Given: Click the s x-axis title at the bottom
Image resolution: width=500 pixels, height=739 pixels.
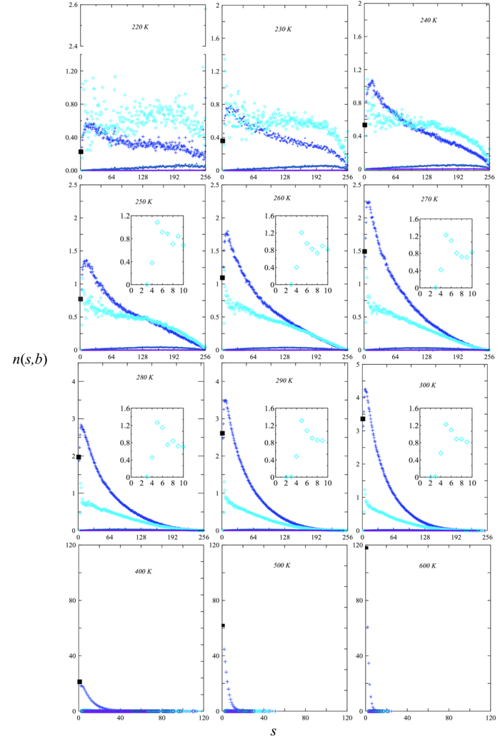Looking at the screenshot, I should (274, 730).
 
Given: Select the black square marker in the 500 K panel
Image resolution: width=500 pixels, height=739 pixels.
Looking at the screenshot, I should (223, 625).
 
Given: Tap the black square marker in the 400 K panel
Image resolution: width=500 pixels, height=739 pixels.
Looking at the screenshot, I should (79, 682).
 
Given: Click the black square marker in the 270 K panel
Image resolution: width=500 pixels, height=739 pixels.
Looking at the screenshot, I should (365, 251).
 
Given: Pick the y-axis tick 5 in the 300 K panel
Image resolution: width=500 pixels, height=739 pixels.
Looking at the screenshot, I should (356, 365).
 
